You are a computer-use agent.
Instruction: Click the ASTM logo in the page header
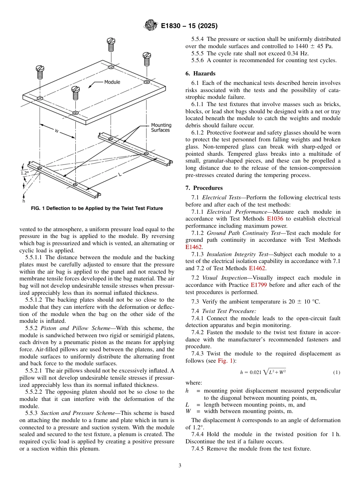coord(151,26)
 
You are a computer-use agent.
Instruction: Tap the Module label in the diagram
coord(112,82)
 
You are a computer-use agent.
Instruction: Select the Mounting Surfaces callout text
coord(161,128)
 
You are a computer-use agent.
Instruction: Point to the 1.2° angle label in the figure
coord(25,172)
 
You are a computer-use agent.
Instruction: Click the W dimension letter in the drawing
coord(56,131)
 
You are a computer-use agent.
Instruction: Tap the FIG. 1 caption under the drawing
coord(97,208)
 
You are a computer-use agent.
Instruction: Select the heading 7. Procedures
coord(208,188)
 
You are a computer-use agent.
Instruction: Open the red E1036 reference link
coord(275,219)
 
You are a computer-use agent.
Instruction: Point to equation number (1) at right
coord(337,372)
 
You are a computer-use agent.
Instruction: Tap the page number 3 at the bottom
coord(180,466)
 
